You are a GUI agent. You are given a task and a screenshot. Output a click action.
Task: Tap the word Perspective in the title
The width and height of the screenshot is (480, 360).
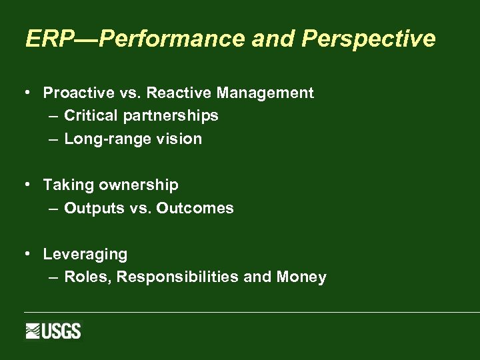[369, 39]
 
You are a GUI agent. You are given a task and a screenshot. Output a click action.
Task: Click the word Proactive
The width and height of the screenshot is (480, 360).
[75, 93]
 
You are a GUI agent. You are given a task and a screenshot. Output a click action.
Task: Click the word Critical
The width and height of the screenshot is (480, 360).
[91, 116]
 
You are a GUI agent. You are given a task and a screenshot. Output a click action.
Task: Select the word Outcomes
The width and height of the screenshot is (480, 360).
[195, 208]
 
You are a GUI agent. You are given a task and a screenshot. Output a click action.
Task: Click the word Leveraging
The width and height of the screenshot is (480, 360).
[85, 254]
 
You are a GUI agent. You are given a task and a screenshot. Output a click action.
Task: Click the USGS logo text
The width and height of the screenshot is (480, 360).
[61, 331]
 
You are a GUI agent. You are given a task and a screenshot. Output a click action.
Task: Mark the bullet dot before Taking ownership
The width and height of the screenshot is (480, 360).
[27, 185]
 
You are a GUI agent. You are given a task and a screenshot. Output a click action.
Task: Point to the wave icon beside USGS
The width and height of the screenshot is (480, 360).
[33, 331]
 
